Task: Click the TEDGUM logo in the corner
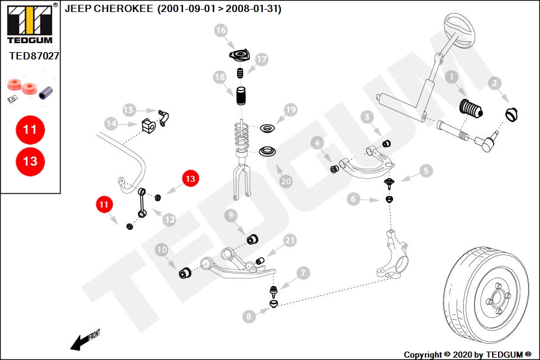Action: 30,23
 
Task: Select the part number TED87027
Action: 34,56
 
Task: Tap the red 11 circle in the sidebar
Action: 30,130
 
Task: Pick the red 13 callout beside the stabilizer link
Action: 190,178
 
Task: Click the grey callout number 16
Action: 221,31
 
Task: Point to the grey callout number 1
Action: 451,77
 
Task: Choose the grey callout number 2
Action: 494,83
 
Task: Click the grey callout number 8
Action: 249,316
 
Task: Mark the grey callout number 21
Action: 290,241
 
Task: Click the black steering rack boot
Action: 471,109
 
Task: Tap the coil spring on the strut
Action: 242,137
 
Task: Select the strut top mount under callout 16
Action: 239,56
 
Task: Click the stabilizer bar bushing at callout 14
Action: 148,125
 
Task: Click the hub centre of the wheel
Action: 497,297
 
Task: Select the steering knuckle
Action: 392,254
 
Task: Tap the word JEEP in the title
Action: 78,8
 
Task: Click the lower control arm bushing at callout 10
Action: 185,272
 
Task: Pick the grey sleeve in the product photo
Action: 46,92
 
